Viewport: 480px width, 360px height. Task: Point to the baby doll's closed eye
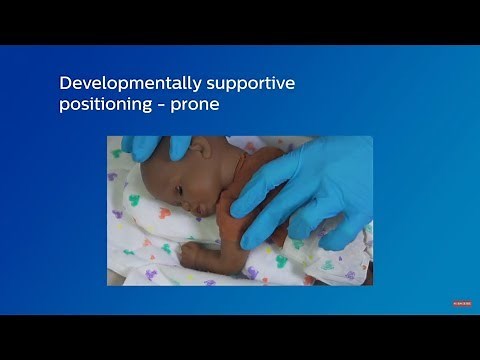pos(179,190)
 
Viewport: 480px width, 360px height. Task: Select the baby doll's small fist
pos(189,256)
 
